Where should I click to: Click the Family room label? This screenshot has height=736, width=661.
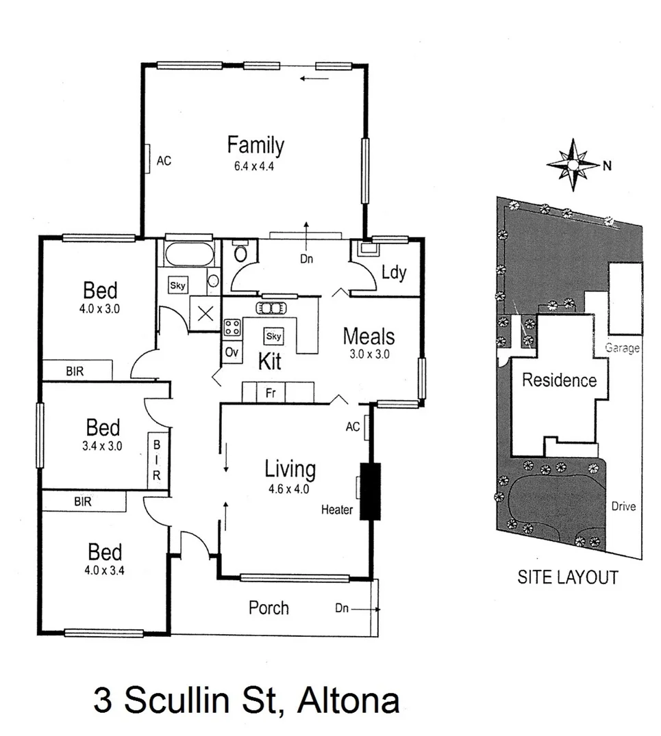pyautogui.click(x=255, y=146)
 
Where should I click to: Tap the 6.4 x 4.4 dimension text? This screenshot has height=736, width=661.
pyautogui.click(x=255, y=166)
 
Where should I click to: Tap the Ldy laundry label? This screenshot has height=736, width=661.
pyautogui.click(x=393, y=273)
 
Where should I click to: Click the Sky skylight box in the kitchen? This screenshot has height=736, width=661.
pyautogui.click(x=273, y=336)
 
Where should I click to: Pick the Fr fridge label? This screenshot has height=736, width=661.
pyautogui.click(x=271, y=393)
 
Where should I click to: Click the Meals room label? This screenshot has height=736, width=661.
pyautogui.click(x=369, y=337)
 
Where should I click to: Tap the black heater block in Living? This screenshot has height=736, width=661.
pyautogui.click(x=370, y=492)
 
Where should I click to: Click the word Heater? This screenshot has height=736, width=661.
pyautogui.click(x=337, y=510)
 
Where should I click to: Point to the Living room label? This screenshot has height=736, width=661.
pyautogui.click(x=290, y=470)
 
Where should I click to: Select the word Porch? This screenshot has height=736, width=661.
pyautogui.click(x=269, y=607)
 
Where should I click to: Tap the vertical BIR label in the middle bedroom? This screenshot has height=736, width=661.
pyautogui.click(x=157, y=460)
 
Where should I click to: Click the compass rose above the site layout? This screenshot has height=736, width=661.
pyautogui.click(x=573, y=164)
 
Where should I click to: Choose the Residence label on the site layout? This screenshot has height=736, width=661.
pyautogui.click(x=559, y=380)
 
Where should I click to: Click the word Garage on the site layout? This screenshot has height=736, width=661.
pyautogui.click(x=622, y=348)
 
